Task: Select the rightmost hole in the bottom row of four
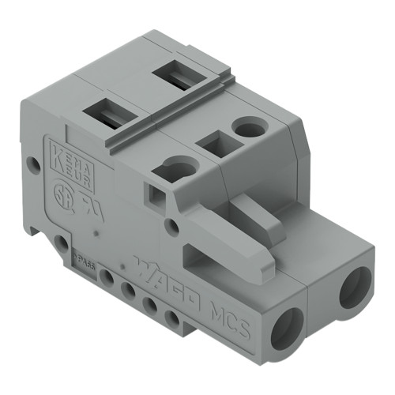172,318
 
